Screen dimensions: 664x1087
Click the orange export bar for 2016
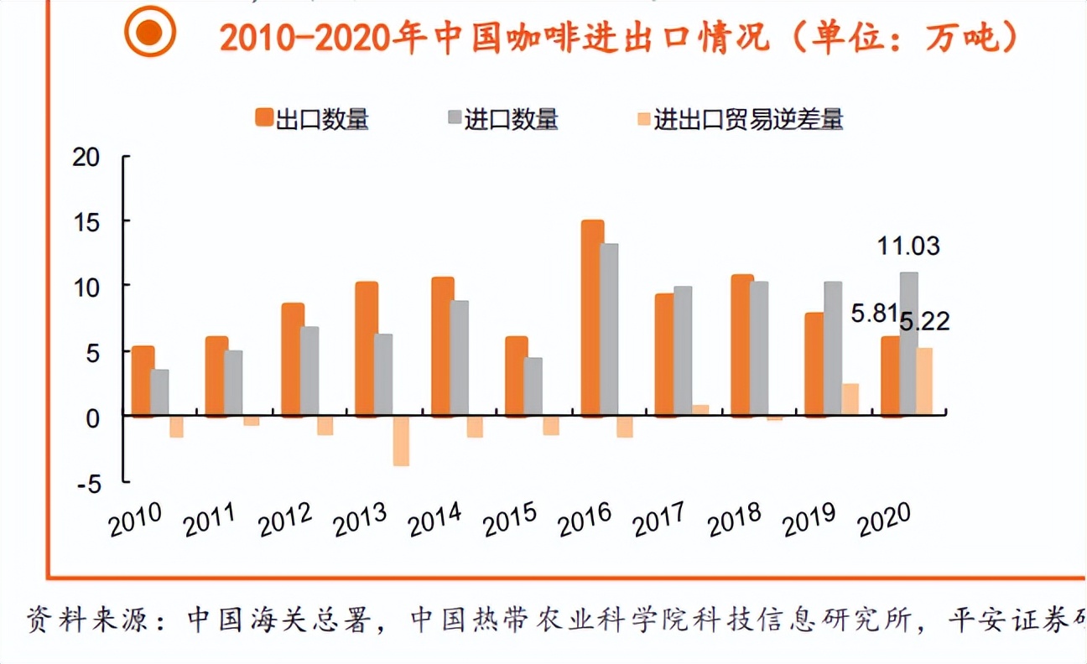(x=592, y=318)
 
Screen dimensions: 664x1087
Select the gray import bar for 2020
(x=908, y=344)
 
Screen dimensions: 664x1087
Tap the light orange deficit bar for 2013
(x=401, y=440)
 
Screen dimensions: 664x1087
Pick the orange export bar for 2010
(x=143, y=381)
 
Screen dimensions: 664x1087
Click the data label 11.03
(x=908, y=246)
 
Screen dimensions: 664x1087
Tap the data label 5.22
(x=924, y=321)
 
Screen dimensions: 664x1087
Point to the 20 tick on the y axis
(x=86, y=157)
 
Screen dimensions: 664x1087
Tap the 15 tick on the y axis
(x=86, y=222)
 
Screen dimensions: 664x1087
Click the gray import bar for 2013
(x=382, y=375)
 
